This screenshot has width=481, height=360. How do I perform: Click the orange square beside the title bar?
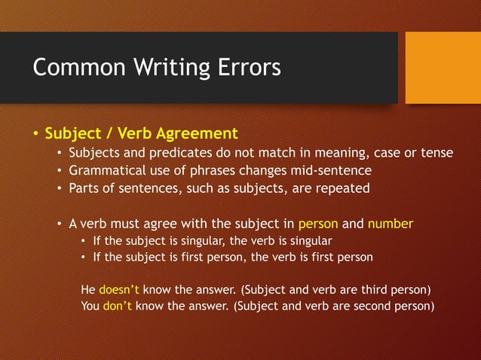443,68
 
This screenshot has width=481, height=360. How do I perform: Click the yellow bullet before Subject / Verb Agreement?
35,135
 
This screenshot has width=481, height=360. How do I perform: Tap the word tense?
436,154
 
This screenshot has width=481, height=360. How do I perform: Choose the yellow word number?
391,224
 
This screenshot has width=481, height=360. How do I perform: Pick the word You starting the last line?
90,306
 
